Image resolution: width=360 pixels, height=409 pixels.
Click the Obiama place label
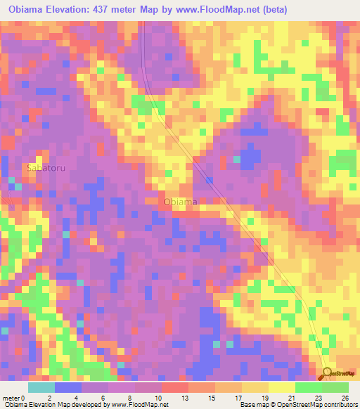[x=180, y=202]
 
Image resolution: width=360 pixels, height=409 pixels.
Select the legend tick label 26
[x=345, y=397]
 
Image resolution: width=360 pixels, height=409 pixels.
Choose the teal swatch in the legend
[x=41, y=387]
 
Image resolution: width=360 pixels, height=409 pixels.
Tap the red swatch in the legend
[x=175, y=387]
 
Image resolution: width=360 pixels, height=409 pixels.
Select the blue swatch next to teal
[x=68, y=387]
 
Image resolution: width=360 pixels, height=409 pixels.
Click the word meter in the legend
[x=11, y=397]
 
